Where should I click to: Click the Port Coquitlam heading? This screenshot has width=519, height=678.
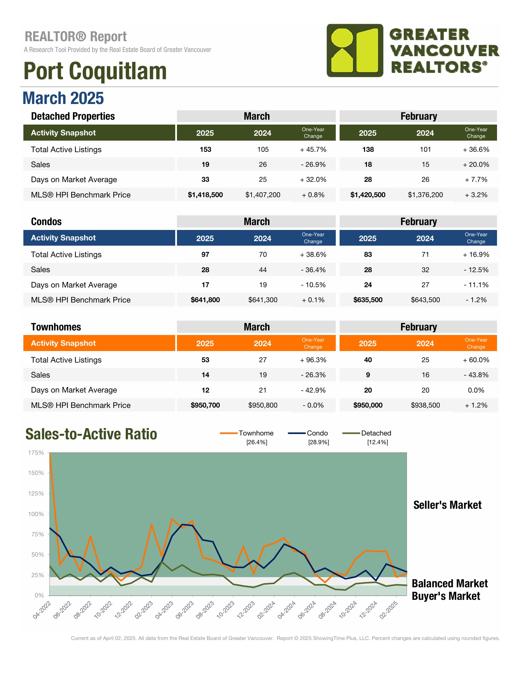pos(95,71)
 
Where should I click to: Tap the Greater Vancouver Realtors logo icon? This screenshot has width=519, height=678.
pos(355,51)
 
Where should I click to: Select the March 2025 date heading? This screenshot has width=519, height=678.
pos(63,98)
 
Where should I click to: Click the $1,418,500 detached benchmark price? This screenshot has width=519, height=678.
pos(205,195)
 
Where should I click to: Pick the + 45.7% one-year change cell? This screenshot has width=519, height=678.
pos(313,149)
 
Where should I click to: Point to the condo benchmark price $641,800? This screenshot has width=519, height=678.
pos(205,300)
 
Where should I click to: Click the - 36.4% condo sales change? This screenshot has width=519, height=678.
pos(313,270)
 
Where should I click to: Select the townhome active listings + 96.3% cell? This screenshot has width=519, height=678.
pos(313,360)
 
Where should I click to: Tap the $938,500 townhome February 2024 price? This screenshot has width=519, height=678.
pos(425,405)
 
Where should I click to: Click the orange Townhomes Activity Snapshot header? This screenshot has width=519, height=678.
pos(99,343)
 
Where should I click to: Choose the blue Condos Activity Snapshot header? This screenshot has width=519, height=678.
pos(99,238)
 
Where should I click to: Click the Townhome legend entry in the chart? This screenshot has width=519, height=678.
pos(256,433)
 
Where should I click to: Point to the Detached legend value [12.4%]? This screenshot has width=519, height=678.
pos(377,442)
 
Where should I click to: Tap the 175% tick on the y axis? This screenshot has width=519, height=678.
pos(36,453)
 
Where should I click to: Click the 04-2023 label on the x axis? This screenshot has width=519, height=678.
pos(164,610)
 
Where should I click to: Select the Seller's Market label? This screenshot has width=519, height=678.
pos(447,505)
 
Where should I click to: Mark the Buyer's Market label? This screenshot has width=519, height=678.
pos(446,596)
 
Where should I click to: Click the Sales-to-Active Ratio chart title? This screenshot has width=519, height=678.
pos(91,434)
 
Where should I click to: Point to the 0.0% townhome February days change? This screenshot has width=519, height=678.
pos(476,390)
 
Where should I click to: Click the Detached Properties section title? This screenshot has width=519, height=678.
pos(73,116)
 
